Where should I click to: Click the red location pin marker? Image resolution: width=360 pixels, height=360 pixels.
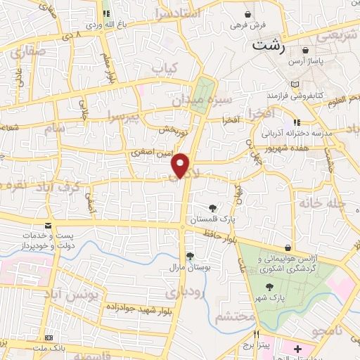coord(182,165)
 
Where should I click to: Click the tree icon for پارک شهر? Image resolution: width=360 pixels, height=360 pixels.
coord(270,286)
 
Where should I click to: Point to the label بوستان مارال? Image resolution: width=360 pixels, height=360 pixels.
coord(188,267)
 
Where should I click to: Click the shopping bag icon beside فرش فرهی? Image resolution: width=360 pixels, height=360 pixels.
coord(247,14)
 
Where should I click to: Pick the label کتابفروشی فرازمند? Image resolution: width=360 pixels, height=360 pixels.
coord(292,94)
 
